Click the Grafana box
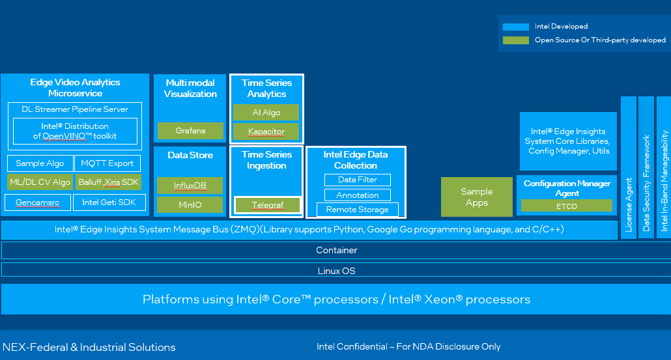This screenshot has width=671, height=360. click(190, 131)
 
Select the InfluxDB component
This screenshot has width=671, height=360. click(190, 186)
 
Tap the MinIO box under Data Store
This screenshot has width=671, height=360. click(190, 205)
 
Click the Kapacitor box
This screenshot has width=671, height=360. click(266, 132)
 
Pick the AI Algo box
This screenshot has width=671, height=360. click(266, 113)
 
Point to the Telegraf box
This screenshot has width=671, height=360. click(267, 205)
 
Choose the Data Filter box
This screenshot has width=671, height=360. click(357, 180)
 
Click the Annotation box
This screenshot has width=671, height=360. click(357, 195)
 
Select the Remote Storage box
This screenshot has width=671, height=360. click(357, 210)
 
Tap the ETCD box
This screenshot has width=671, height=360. click(566, 206)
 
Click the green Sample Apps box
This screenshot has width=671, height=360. click(477, 197)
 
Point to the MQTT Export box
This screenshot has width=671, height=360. click(107, 163)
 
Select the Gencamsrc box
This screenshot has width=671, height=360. click(38, 202)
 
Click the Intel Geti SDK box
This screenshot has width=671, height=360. click(107, 202)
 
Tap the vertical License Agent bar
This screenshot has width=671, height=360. click(629, 167)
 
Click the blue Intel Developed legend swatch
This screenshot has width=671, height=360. click(517, 27)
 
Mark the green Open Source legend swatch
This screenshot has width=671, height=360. click(517, 40)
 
